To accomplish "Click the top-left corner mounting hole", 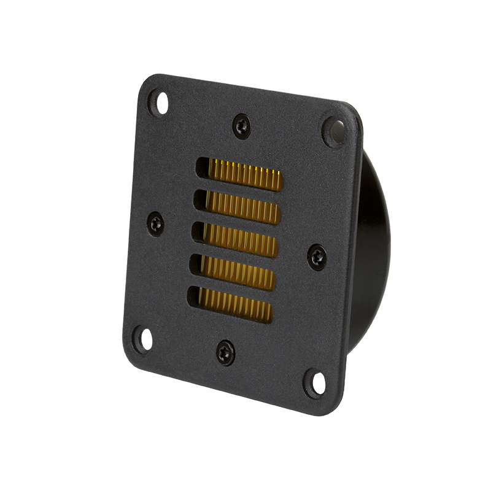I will [159, 102].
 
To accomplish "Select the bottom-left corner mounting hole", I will [144, 339].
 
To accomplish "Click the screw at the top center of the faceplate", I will [242, 126].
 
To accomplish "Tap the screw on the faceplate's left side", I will [157, 223].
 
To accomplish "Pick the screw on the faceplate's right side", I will [317, 256].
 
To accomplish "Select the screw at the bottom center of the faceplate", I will [226, 352].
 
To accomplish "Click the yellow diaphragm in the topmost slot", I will [245, 175].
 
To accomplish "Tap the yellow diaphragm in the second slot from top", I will [243, 207].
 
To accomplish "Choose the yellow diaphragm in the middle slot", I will [240, 240].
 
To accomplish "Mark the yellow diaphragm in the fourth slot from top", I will [238, 273].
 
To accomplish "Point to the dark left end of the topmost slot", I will [203, 168].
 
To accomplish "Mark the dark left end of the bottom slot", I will [193, 297].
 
